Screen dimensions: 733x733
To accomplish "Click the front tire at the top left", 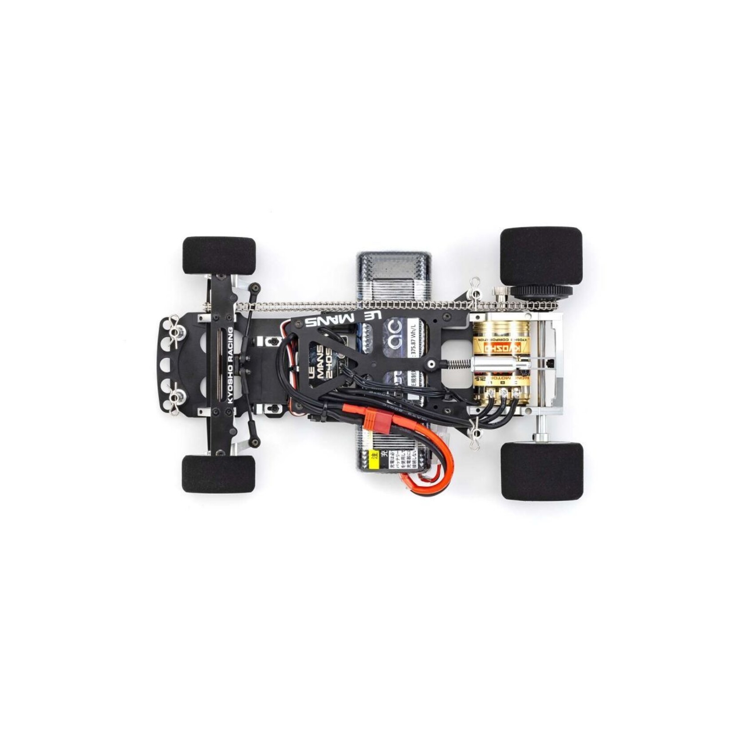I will [x=219, y=256].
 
